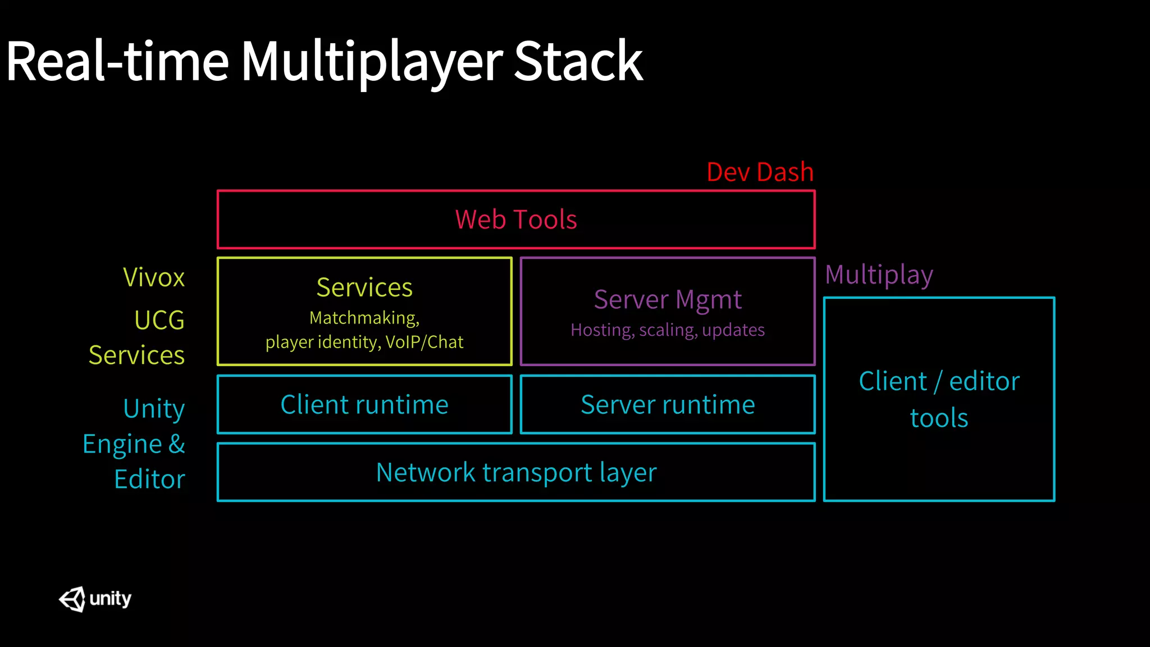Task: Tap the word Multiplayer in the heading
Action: click(372, 62)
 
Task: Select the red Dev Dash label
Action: click(760, 172)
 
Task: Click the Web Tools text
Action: click(515, 220)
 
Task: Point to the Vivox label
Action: click(154, 277)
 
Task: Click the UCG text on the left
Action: click(159, 321)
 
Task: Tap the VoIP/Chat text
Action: click(425, 342)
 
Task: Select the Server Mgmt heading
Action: click(668, 299)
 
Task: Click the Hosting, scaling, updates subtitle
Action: click(668, 330)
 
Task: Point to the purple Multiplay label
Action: click(879, 275)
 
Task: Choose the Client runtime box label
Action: click(364, 404)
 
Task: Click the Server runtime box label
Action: click(668, 404)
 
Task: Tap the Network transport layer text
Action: click(515, 472)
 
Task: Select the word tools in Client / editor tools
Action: click(939, 418)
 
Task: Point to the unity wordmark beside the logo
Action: click(110, 599)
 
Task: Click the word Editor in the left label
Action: click(149, 480)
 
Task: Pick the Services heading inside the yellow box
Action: click(364, 288)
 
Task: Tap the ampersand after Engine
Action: click(176, 444)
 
